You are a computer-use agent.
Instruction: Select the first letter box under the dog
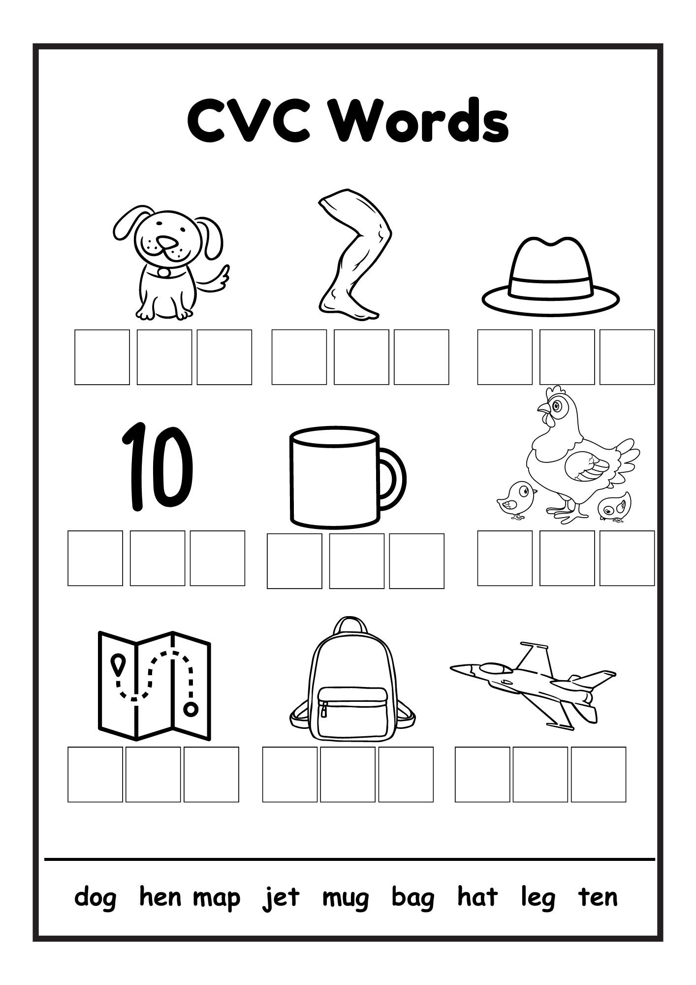[102, 357]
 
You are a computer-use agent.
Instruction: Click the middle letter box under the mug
[356, 561]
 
